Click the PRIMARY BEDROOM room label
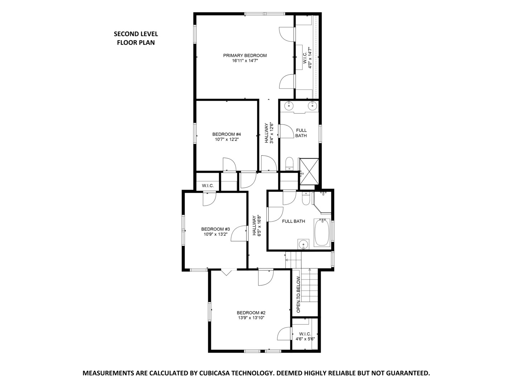click(x=245, y=56)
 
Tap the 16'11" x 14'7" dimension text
click(x=245, y=61)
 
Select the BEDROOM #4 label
click(x=226, y=134)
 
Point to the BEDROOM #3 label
click(x=215, y=229)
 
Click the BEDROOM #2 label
click(x=251, y=312)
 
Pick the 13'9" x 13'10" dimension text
click(x=251, y=317)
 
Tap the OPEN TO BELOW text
click(x=298, y=294)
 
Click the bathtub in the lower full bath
click(x=322, y=233)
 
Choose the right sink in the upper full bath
click(x=313, y=105)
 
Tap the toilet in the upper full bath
click(x=289, y=164)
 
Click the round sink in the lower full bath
click(x=303, y=244)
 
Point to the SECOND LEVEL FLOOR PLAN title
click(x=136, y=38)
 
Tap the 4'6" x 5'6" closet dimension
click(x=305, y=339)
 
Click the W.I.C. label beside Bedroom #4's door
click(x=208, y=186)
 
